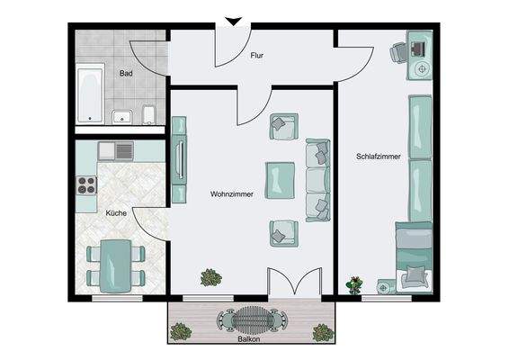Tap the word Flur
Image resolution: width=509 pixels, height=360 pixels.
pos(256,55)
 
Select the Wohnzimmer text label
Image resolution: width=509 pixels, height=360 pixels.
pos(232,193)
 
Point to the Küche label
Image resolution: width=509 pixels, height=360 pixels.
pos(116,213)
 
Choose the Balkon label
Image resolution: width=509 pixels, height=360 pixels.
pos(248,340)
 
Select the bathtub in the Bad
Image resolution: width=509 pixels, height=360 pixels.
pos(89,93)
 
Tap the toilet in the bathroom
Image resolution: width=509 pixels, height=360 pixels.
pos(152,113)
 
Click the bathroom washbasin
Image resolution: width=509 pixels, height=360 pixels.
pos(123,114)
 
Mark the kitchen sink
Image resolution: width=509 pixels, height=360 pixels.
pos(116,149)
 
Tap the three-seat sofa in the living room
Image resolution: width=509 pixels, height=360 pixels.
pos(318,179)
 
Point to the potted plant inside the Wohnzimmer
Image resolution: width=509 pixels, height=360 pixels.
pos(212,277)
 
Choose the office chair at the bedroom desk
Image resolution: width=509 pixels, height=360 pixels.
pos(397,53)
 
